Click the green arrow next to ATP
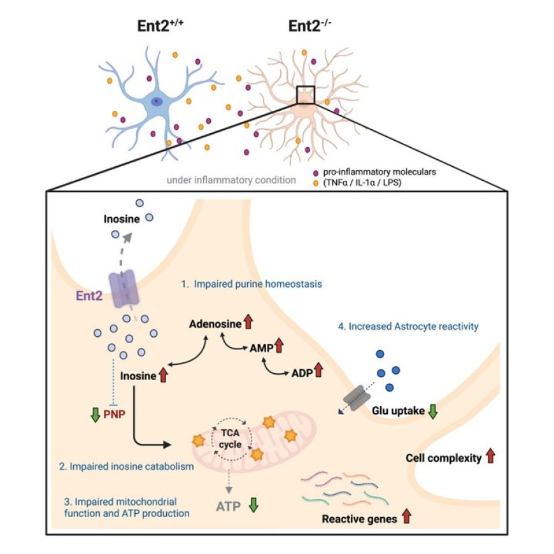pos(253,506)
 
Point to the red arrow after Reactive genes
pos(406,518)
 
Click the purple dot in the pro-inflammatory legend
pos(316,173)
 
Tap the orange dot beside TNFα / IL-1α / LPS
pos(316,183)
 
